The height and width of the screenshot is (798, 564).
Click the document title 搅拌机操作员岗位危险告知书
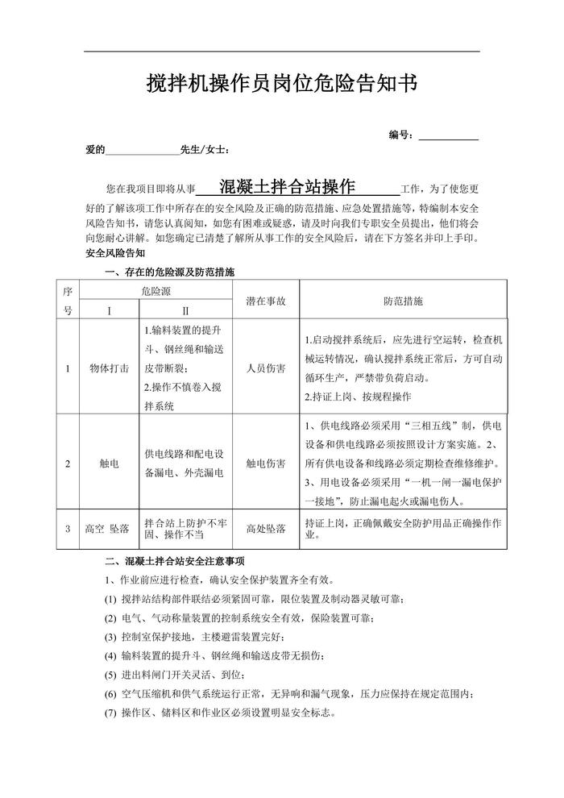coord(282,84)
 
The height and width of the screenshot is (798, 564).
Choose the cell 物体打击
coord(109,368)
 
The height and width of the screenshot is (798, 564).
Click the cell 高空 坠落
coord(108,529)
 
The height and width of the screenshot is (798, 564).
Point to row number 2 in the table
coord(68,463)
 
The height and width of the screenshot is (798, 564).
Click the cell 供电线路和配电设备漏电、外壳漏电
coord(185,463)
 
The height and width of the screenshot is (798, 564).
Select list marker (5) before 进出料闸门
coord(110,675)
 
